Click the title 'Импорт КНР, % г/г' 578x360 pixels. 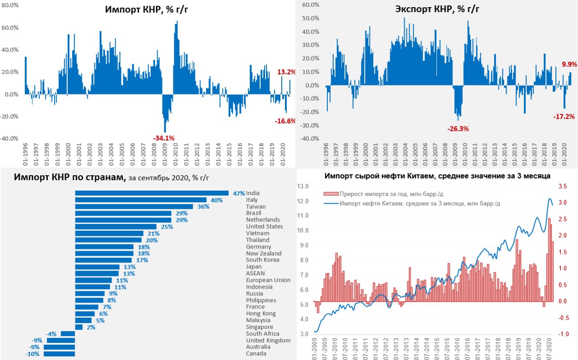point(147,10)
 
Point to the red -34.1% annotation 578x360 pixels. point(164,138)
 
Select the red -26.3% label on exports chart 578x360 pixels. point(458,129)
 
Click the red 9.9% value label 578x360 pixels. point(568,65)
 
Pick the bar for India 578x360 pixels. point(152,193)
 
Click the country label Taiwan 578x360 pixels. point(256,206)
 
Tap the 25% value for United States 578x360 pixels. point(167,227)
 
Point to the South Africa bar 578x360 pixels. point(68,334)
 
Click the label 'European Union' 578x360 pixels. point(268,280)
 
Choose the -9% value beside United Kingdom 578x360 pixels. point(37,341)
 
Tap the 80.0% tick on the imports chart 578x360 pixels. point(11,5)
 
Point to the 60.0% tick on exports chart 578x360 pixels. point(311,5)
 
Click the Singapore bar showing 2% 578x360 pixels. point(79,327)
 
